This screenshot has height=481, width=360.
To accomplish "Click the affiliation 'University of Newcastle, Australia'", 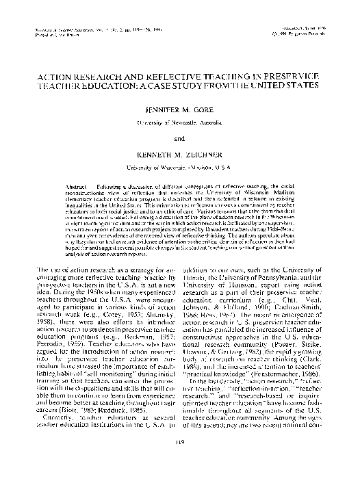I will (x=179, y=121).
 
